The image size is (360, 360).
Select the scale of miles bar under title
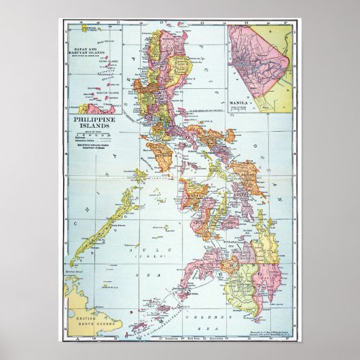tap(96, 131)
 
